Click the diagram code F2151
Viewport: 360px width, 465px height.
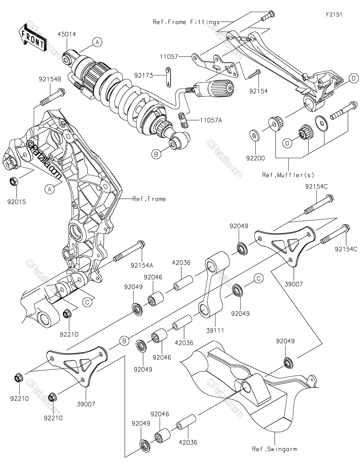pyautogui.click(x=334, y=15)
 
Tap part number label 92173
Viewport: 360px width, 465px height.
pyautogui.click(x=143, y=75)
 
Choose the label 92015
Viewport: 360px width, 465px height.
pyautogui.click(x=17, y=201)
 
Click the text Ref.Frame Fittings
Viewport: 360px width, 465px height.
pyautogui.click(x=186, y=22)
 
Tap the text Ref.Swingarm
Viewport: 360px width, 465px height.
pyautogui.click(x=274, y=449)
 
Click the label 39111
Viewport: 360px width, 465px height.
pyautogui.click(x=216, y=331)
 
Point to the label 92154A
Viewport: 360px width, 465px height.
pyautogui.click(x=142, y=265)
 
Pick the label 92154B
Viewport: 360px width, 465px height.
pyautogui.click(x=50, y=79)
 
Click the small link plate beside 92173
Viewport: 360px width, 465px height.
pyautogui.click(x=169, y=76)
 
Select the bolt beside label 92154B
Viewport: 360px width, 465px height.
pyautogui.click(x=52, y=97)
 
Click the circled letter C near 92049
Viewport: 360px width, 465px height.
pyautogui.click(x=259, y=277)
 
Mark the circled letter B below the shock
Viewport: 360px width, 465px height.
pyautogui.click(x=156, y=154)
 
